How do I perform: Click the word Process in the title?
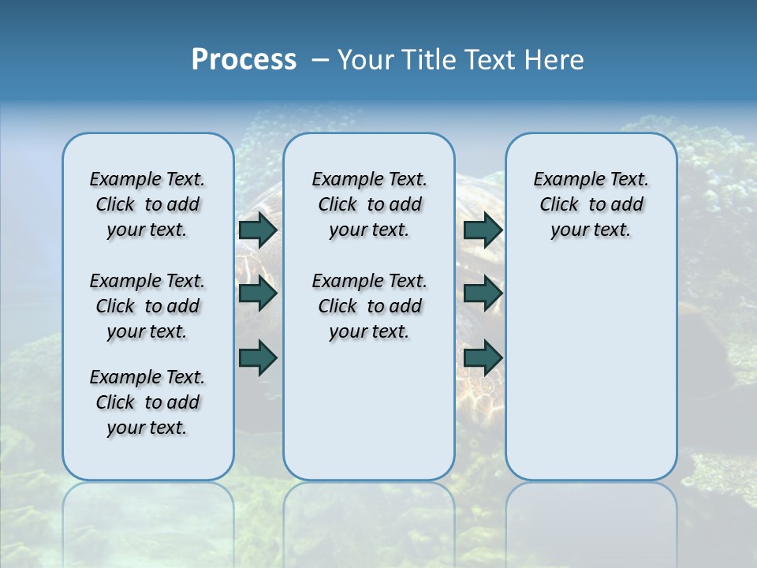(x=244, y=60)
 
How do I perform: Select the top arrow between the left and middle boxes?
(x=258, y=230)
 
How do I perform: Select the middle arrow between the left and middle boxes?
(x=258, y=294)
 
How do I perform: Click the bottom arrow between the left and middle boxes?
(x=258, y=357)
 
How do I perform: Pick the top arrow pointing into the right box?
(x=483, y=230)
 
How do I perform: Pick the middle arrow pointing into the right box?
(x=483, y=294)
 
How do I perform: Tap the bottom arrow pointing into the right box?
(x=483, y=357)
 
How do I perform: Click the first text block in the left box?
(x=147, y=204)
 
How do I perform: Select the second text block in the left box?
(x=147, y=306)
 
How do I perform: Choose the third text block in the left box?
(x=147, y=402)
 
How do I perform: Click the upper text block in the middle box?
(x=369, y=204)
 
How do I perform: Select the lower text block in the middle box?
(x=369, y=306)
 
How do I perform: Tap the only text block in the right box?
(x=591, y=204)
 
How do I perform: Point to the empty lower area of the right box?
(x=591, y=371)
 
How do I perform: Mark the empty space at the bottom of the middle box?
(x=369, y=418)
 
